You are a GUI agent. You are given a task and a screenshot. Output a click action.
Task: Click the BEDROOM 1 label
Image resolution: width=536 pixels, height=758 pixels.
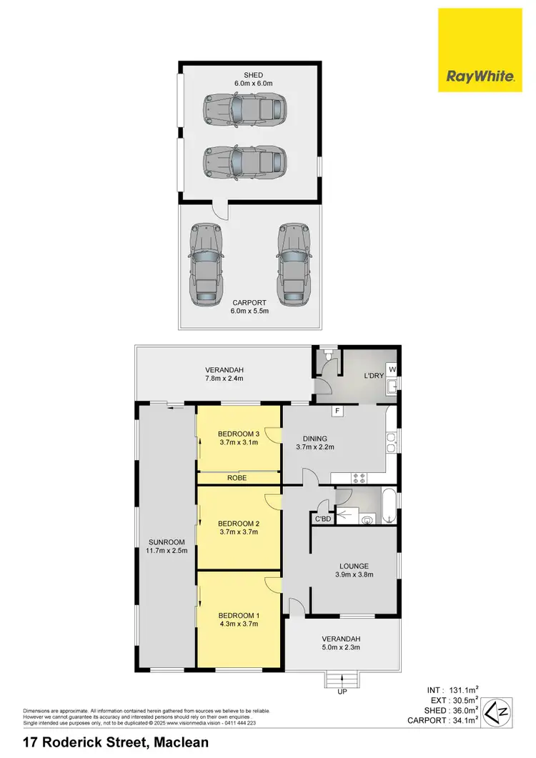[x=238, y=619]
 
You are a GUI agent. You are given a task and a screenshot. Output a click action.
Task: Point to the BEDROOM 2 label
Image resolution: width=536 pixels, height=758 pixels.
[x=238, y=528]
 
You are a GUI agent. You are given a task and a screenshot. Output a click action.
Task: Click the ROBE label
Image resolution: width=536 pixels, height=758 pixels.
[x=238, y=478]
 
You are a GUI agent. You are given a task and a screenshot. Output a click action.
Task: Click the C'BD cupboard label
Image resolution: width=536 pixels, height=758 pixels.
[x=322, y=519]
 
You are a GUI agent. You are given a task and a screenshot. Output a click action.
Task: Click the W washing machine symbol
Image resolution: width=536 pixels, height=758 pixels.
[x=392, y=369]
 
